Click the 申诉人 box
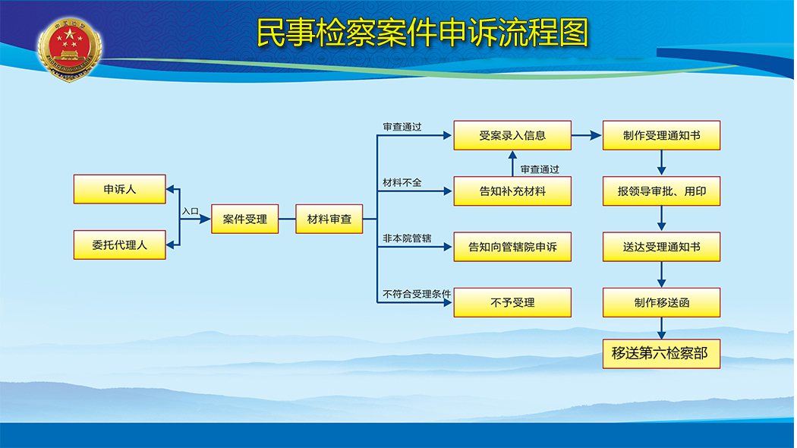(x=119, y=189)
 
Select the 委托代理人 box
(x=119, y=245)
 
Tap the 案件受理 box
(x=244, y=219)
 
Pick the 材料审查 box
(x=329, y=219)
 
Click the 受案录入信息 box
(x=512, y=135)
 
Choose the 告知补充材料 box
(x=512, y=191)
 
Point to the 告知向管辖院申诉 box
(x=512, y=247)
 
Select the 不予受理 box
(x=512, y=302)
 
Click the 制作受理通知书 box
(x=661, y=135)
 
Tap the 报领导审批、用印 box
(x=661, y=191)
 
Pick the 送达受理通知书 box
(x=661, y=247)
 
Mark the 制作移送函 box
(x=661, y=302)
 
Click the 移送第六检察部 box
(x=661, y=353)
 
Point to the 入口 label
(x=191, y=210)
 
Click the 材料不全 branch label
(x=402, y=182)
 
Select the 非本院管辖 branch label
(x=407, y=238)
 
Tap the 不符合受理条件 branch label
(x=417, y=294)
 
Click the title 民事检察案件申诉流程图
(x=422, y=33)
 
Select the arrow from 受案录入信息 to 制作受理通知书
(x=586, y=135)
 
